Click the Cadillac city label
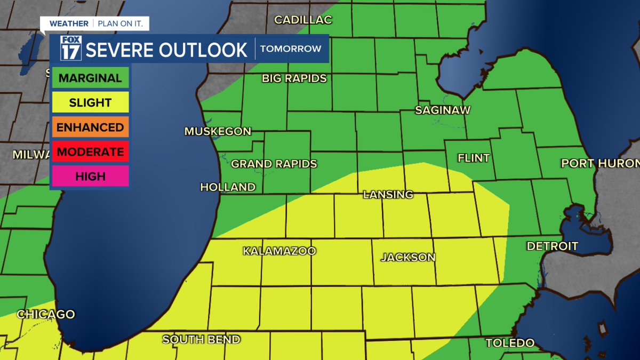[303, 20]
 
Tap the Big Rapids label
[294, 78]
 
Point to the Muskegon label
[218, 131]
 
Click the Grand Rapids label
[274, 164]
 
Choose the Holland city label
[228, 187]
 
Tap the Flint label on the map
[473, 158]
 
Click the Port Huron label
[600, 164]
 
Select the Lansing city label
[388, 195]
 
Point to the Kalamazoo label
[279, 251]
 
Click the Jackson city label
[408, 257]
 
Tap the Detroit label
[552, 246]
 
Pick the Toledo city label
[510, 343]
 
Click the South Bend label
[201, 340]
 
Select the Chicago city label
[46, 315]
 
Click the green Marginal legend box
[90, 78]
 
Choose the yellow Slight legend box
[90, 102]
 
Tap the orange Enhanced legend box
[90, 127]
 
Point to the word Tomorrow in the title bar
[291, 49]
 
